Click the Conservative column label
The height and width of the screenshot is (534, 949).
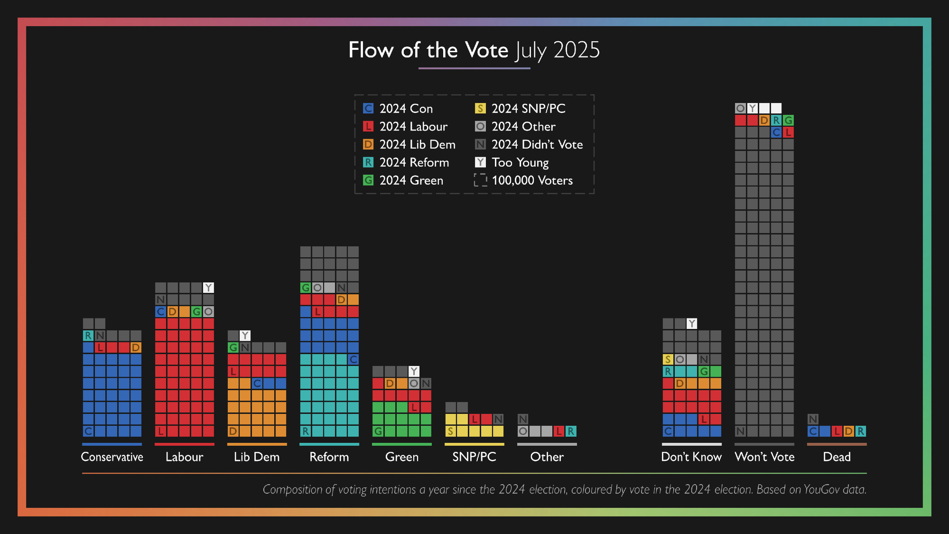[112, 457]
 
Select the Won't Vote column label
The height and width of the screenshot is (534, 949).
[764, 457]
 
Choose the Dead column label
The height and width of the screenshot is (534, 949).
[837, 457]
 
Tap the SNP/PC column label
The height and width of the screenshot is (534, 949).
[474, 457]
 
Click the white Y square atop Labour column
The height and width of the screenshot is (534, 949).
[208, 288]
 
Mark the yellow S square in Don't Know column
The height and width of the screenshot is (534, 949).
[668, 359]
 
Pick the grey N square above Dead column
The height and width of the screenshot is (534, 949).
[813, 419]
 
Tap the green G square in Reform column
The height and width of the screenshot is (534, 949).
[306, 288]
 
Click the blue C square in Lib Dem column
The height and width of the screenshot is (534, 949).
[257, 383]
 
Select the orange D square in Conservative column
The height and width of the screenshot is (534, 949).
[136, 347]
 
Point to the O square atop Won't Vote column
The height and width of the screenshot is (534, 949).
[740, 108]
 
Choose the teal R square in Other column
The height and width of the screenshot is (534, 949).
[571, 431]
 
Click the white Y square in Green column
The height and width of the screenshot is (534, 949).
[414, 371]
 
